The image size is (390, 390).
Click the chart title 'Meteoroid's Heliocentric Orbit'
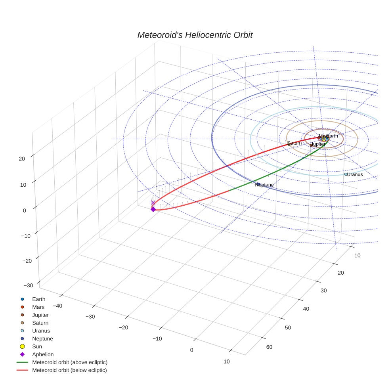[x=195, y=35]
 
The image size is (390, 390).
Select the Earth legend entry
[x=39, y=299]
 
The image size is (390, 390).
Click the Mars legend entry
[x=38, y=307]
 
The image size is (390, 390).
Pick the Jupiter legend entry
[x=40, y=315]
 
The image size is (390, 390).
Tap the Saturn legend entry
[x=40, y=323]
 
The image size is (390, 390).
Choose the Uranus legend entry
[x=41, y=331]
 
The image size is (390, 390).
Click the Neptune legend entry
[x=42, y=338]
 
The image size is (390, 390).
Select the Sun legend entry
[x=37, y=346]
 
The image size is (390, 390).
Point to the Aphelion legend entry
[x=43, y=354]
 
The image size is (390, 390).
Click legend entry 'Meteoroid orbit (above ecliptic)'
[x=70, y=362]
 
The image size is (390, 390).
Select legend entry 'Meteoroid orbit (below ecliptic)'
[x=70, y=370]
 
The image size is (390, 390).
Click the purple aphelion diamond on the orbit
[x=153, y=209]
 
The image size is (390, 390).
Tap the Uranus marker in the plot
[x=346, y=174]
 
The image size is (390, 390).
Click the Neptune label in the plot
[x=265, y=185]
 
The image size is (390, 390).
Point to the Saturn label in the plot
[x=294, y=143]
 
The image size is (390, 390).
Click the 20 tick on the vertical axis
[x=21, y=159]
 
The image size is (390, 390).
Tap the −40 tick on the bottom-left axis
[x=58, y=306]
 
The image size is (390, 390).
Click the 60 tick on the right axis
[x=269, y=347]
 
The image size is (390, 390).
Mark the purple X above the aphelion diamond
[x=153, y=203]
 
